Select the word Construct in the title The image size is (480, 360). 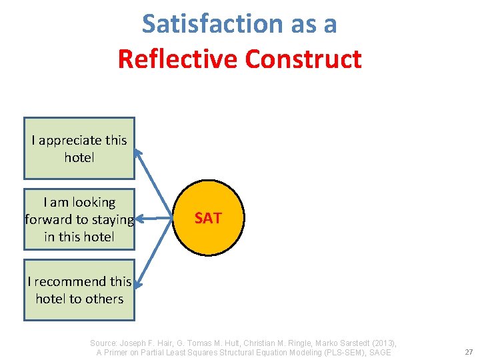[x=303, y=59]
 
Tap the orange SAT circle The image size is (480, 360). [x=208, y=218]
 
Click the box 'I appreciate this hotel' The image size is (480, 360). [x=79, y=149]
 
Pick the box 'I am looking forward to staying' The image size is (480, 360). [x=79, y=219]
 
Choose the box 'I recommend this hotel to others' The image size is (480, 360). [x=79, y=290]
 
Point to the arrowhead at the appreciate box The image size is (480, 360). [x=138, y=152]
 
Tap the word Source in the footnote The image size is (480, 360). [x=105, y=343]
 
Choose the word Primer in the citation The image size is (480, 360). [x=120, y=353]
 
